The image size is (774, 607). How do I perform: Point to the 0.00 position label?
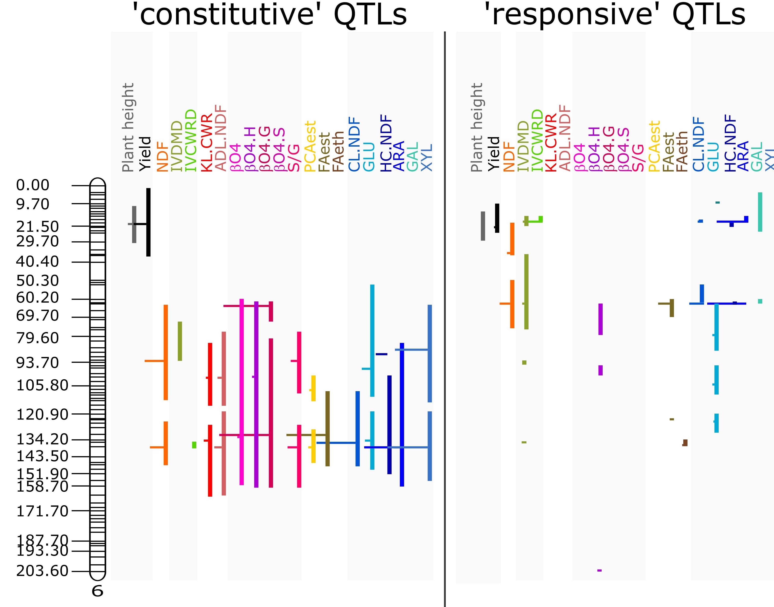pyautogui.click(x=33, y=185)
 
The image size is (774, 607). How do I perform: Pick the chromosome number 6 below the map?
pyautogui.click(x=97, y=591)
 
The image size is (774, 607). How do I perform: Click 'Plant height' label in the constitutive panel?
pyautogui.click(x=128, y=127)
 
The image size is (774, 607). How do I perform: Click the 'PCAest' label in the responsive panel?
pyautogui.click(x=654, y=146)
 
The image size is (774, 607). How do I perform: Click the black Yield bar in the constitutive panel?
pyautogui.click(x=148, y=222)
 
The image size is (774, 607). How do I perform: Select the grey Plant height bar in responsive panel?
pyautogui.click(x=483, y=226)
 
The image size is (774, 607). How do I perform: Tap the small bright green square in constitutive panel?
pyautogui.click(x=194, y=445)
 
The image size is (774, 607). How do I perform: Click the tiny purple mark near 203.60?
pyautogui.click(x=599, y=570)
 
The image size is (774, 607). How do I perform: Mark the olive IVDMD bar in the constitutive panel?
pyautogui.click(x=180, y=341)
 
